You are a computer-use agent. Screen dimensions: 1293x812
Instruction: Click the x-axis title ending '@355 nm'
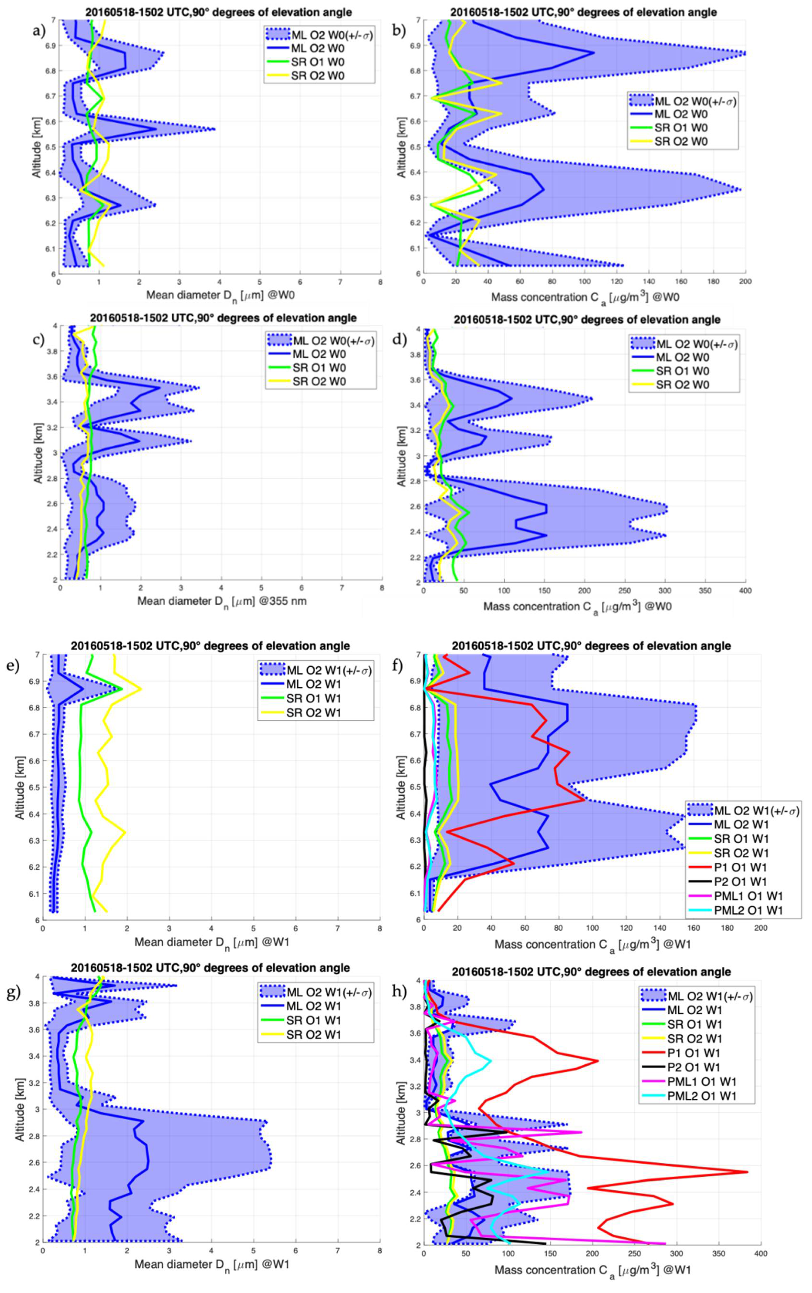coord(222,601)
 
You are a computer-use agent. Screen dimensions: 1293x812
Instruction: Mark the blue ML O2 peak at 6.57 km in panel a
coord(156,129)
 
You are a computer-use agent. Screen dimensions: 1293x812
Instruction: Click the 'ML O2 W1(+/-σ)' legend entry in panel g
coord(329,992)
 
